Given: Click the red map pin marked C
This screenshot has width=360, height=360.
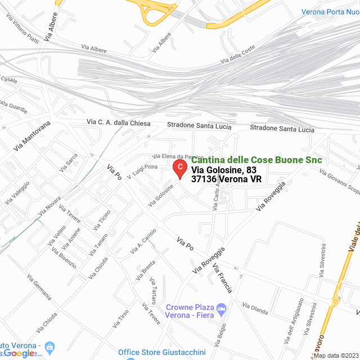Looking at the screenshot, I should (179, 168).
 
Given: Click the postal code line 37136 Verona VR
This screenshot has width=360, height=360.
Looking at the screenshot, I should (226, 179).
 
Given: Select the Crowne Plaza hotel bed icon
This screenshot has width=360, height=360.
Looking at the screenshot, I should (222, 308).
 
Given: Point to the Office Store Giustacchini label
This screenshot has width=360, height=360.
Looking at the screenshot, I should (162, 353).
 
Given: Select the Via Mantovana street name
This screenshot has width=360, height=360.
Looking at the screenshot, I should (32, 136).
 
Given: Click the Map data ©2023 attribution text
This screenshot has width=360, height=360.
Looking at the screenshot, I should (336, 355).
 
